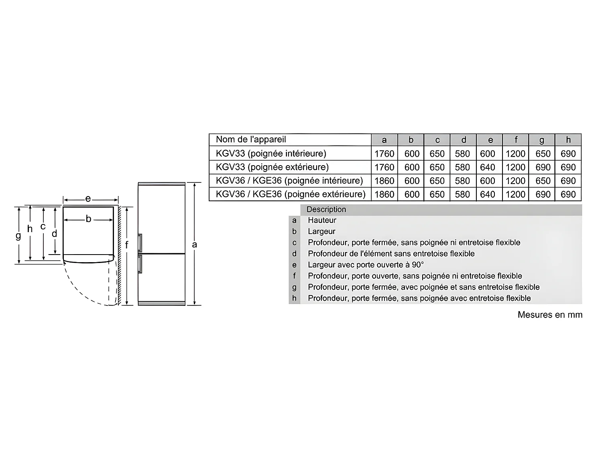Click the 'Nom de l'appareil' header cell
[x=251, y=140]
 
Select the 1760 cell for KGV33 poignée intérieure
[x=384, y=154]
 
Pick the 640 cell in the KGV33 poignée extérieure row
[x=488, y=167]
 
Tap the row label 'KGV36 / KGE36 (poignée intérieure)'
[x=289, y=181]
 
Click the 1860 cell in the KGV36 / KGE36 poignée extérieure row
[x=384, y=194]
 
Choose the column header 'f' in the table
[x=516, y=140]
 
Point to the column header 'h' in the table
[x=568, y=140]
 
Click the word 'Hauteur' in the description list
[x=322, y=220]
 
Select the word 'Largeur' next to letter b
[x=321, y=231]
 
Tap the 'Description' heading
[x=326, y=209]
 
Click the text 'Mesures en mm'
[x=549, y=315]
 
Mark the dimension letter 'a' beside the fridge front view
[x=195, y=244]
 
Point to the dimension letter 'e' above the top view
[x=88, y=198]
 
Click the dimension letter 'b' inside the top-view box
[x=88, y=219]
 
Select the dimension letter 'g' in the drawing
[x=18, y=236]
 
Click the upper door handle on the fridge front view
[x=140, y=243]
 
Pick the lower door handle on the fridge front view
[x=140, y=264]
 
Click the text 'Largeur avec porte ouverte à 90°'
[x=366, y=265]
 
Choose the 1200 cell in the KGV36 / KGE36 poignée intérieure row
[x=515, y=181]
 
